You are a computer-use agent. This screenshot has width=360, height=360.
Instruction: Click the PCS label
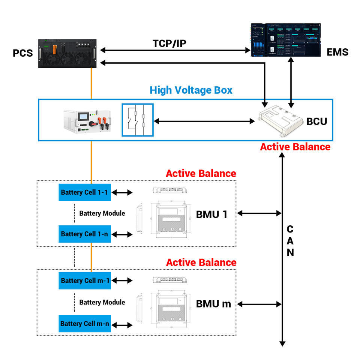23,53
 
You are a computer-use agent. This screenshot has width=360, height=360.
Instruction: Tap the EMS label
337,52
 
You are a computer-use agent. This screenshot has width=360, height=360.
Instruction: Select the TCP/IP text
169,43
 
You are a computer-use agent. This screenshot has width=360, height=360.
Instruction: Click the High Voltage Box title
191,90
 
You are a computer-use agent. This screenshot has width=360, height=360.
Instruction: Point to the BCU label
316,121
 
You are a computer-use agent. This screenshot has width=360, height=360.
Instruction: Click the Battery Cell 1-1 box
84,192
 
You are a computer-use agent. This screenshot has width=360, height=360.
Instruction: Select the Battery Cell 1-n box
84,234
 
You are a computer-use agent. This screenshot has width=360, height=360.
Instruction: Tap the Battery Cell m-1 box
84,280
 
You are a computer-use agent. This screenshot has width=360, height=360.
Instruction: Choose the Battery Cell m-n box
84,323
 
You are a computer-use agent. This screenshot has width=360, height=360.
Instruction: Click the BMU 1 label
211,214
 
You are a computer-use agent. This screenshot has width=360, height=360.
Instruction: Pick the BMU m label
213,304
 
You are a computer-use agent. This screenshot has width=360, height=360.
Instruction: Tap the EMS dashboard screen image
286,40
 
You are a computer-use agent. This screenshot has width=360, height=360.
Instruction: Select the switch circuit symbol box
137,120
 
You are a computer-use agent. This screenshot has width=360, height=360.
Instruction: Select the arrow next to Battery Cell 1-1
123,193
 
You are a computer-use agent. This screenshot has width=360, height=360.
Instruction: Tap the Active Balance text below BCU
295,147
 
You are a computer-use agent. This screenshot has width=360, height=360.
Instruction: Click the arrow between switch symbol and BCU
204,121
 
